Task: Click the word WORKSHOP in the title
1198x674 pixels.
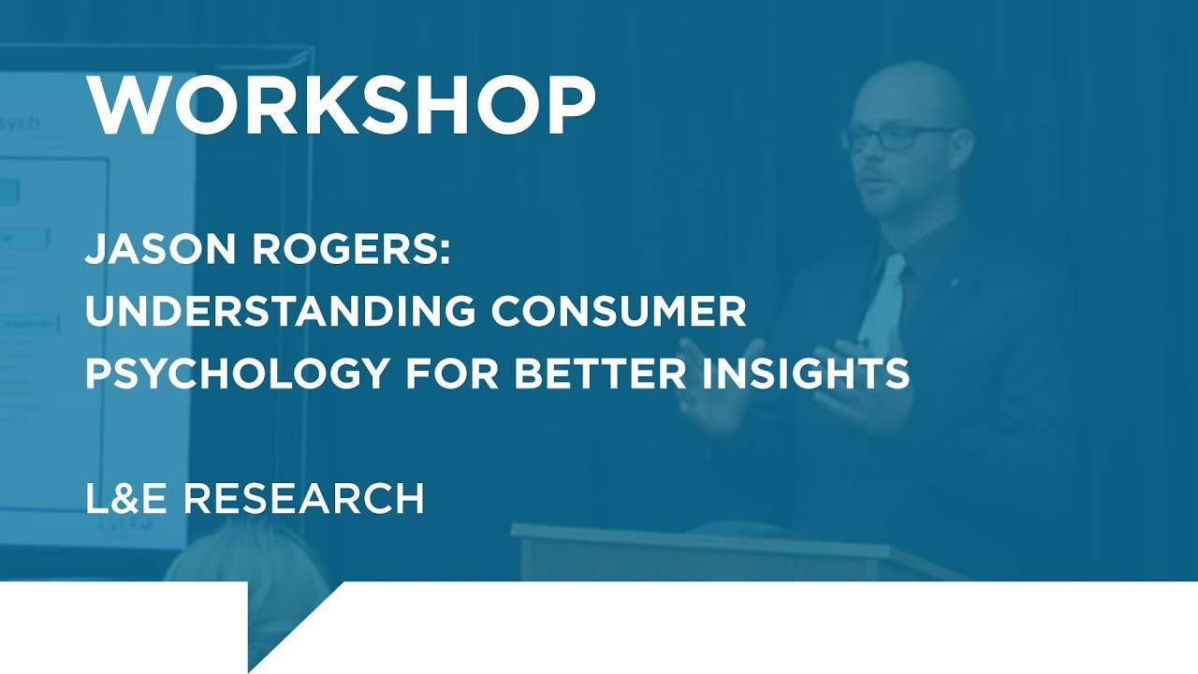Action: tap(341, 105)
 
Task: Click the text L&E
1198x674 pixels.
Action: tap(126, 499)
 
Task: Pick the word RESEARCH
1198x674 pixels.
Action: tap(303, 499)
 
